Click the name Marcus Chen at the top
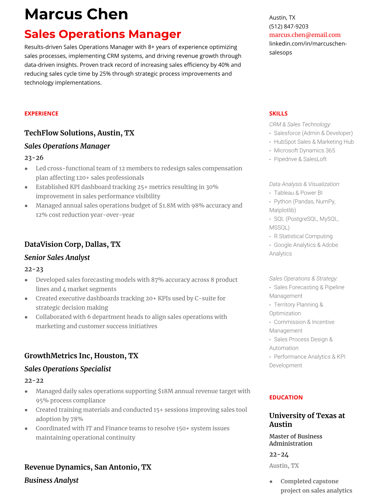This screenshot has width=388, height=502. pos(76,15)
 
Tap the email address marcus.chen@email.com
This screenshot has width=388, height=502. pos(305,35)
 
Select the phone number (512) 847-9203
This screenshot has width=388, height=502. pos(288,26)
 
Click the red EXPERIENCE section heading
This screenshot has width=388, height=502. pos(41,113)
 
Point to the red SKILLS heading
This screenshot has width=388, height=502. pos(278,113)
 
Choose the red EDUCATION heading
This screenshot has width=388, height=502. pos(286,397)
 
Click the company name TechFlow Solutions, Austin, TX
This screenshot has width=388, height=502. pos(79,133)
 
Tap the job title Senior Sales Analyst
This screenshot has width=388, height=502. pos(57,257)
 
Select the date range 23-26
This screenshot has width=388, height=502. pos(34,158)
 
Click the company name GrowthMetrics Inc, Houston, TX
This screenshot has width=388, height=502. pos(81,356)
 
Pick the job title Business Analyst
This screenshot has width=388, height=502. pos(51,480)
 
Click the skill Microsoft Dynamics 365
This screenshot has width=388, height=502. pos(304,151)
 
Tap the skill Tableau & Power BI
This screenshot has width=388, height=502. pos(298,193)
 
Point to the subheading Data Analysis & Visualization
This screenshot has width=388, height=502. pos(304,184)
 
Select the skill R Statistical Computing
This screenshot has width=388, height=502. pos(303,236)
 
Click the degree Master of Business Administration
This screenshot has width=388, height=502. pos(295,440)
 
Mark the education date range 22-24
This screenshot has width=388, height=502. pos(279,454)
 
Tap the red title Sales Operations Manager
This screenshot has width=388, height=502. pos(103,34)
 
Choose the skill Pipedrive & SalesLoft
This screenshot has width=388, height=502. pos(300,159)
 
